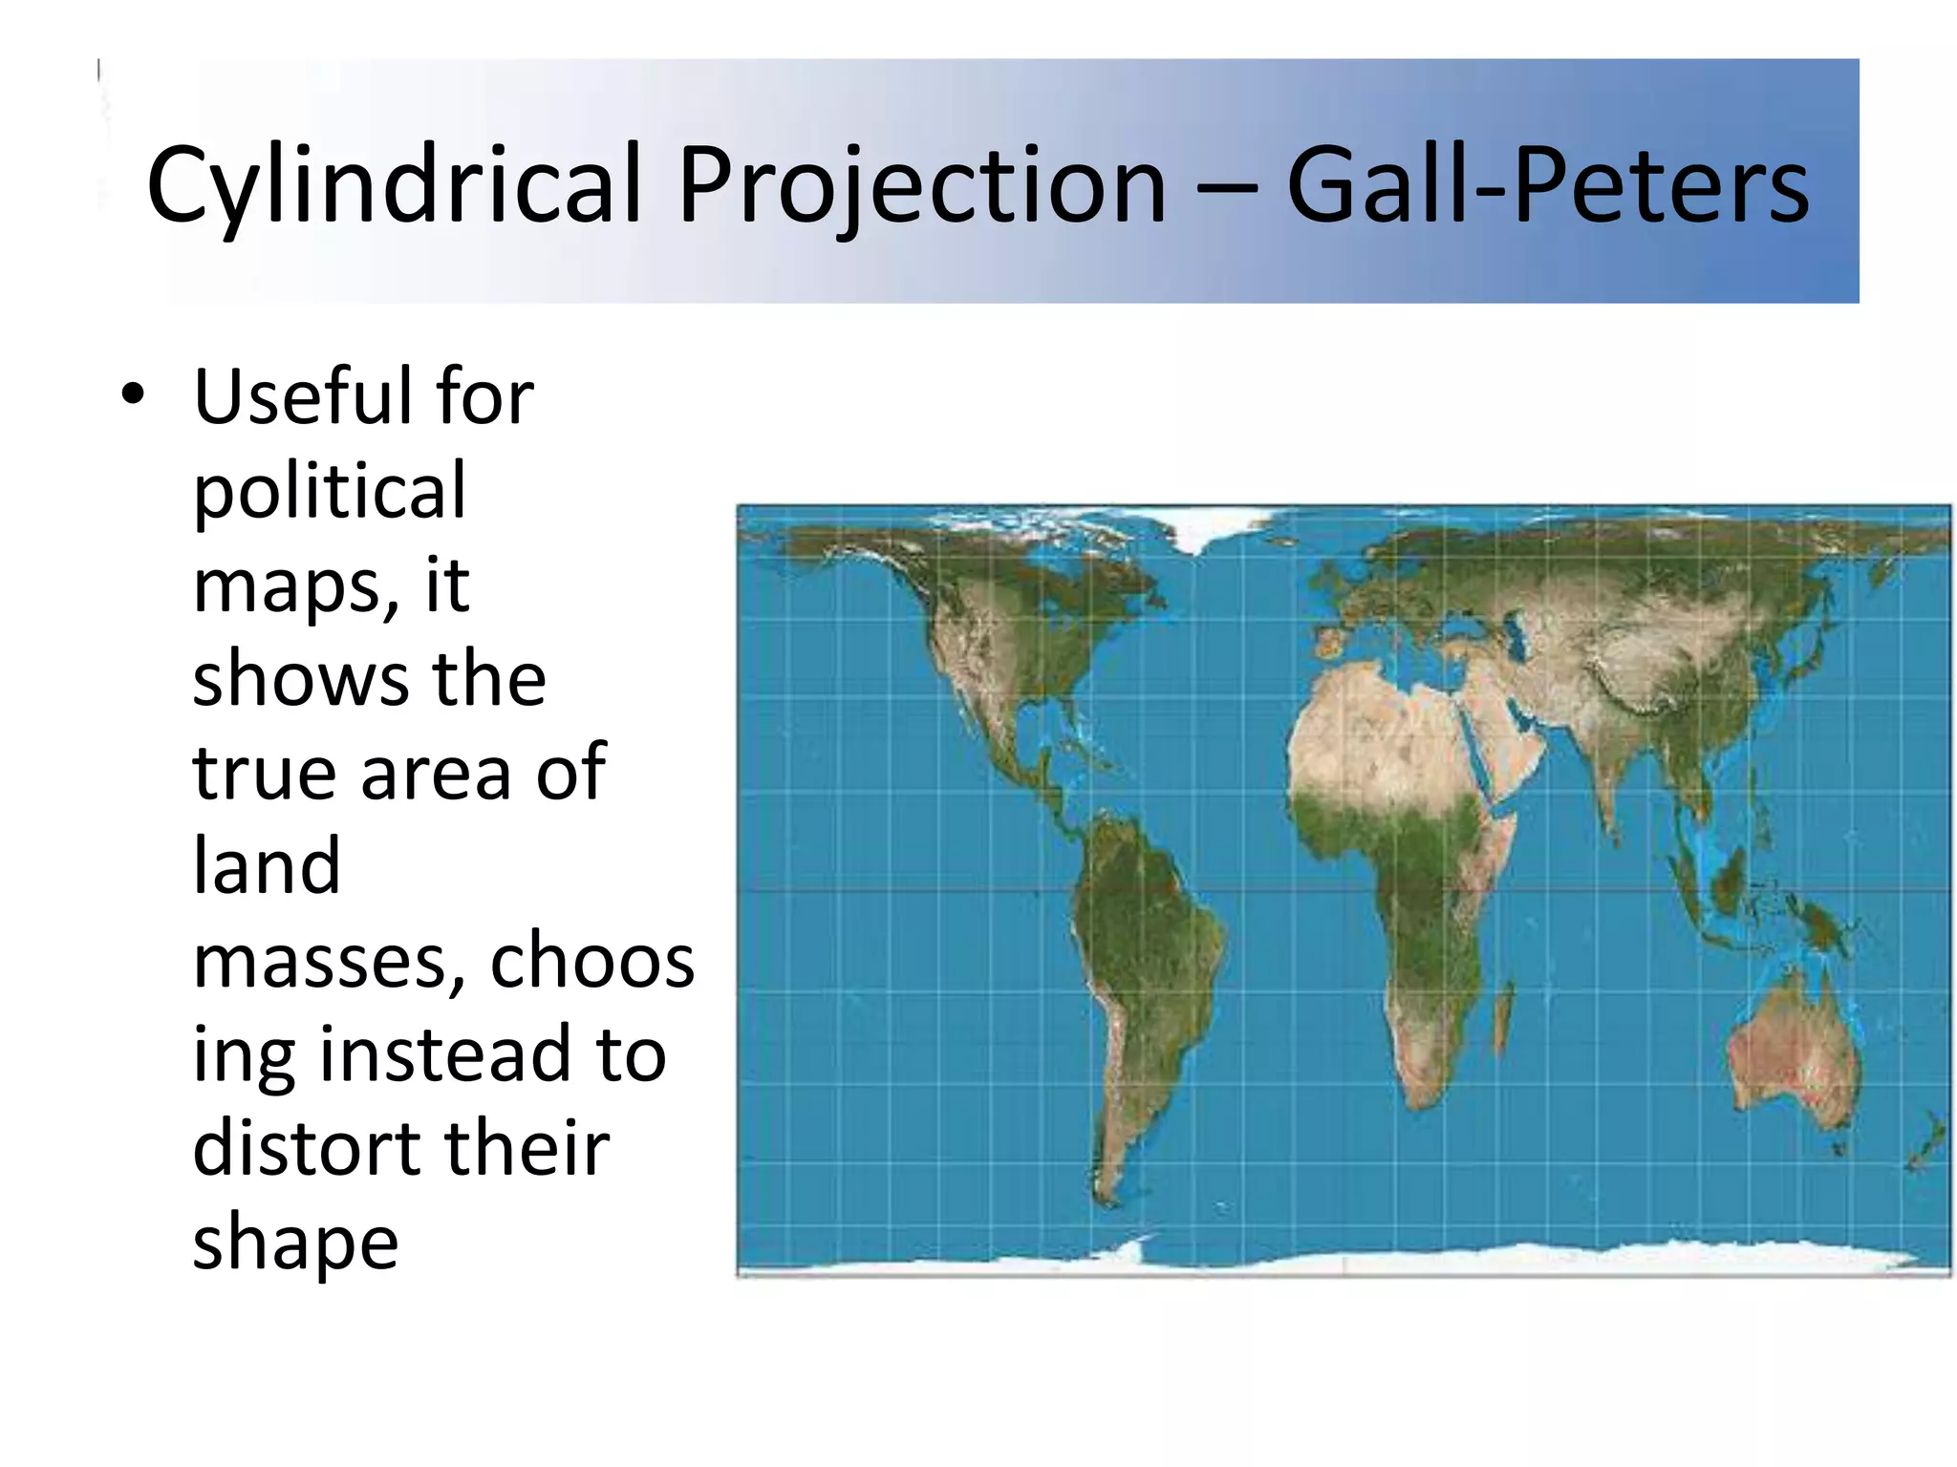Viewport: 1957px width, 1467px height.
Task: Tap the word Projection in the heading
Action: pyautogui.click(x=922, y=184)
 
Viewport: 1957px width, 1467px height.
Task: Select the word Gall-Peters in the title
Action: pyautogui.click(x=1547, y=184)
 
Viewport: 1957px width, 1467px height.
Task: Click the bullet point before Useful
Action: pyautogui.click(x=133, y=393)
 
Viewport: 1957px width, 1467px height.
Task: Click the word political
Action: pyautogui.click(x=330, y=490)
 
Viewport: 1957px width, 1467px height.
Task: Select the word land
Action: pyautogui.click(x=266, y=865)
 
